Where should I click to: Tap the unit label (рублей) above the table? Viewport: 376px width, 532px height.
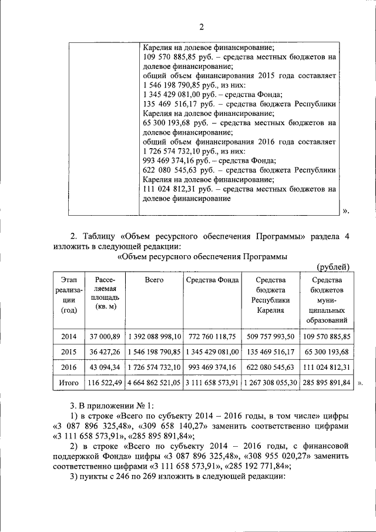click(x=333, y=267)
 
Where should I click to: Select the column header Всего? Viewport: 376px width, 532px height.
click(x=154, y=280)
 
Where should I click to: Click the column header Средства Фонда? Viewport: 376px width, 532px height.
click(x=212, y=280)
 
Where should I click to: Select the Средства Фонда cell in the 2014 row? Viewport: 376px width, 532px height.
click(x=212, y=337)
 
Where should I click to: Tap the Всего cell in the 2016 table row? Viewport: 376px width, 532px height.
click(x=154, y=367)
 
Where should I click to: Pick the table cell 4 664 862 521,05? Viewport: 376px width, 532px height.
click(x=154, y=383)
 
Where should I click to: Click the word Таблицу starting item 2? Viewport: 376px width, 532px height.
click(x=95, y=236)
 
